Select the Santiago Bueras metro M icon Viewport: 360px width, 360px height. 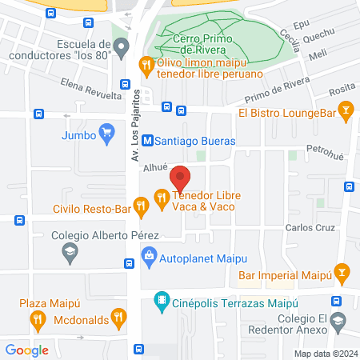[147, 141]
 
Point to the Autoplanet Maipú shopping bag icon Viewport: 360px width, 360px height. [148, 257]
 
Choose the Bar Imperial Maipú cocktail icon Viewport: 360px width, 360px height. [342, 273]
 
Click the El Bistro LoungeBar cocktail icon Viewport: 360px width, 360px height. [346, 110]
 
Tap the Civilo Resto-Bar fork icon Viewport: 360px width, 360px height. [142, 207]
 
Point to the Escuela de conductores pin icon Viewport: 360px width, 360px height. [121, 48]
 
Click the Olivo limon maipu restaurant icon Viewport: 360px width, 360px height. [146, 64]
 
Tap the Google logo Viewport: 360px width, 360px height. [27, 350]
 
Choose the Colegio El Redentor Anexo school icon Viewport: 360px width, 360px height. [337, 324]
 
